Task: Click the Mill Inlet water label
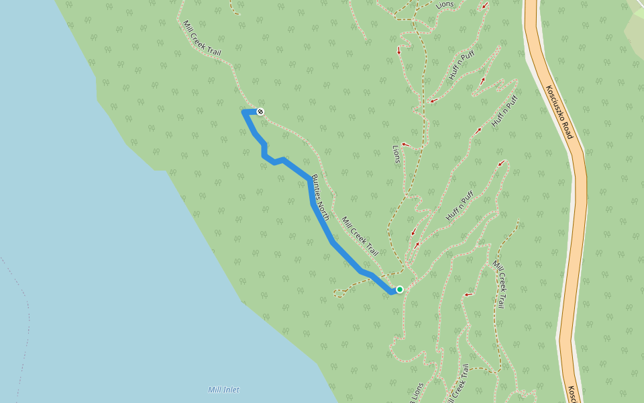[x=223, y=390]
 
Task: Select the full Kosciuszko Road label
[x=559, y=112]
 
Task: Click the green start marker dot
[x=400, y=289]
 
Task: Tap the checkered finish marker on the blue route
[x=260, y=111]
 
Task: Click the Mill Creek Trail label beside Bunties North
[x=360, y=236]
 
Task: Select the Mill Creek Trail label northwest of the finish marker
[x=201, y=38]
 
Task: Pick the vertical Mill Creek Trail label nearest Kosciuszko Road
[x=498, y=284]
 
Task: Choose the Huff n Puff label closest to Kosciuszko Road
[x=504, y=111]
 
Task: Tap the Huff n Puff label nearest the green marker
[x=460, y=206]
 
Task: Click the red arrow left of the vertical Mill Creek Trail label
[x=468, y=294]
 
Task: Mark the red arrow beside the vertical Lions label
[x=405, y=144]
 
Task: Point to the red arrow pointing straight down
[x=399, y=50]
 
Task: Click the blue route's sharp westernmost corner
[x=243, y=111]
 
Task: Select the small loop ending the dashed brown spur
[x=339, y=293]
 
